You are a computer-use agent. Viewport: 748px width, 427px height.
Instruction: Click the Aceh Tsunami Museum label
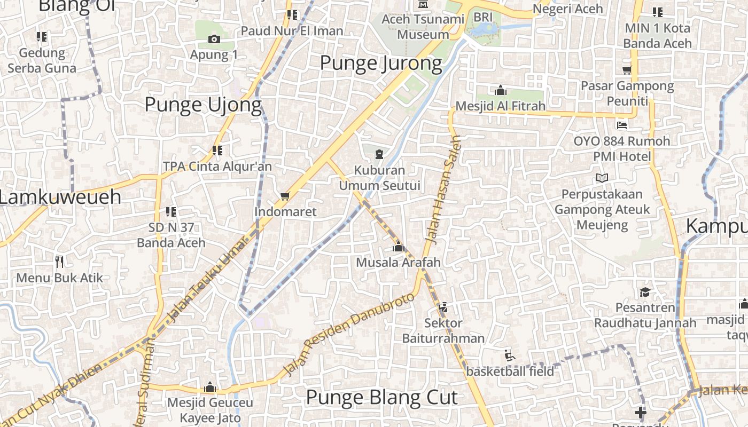click(x=423, y=27)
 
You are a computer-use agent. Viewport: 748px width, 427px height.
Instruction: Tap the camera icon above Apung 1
click(x=214, y=39)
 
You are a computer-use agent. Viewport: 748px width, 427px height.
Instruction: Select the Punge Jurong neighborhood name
click(x=380, y=64)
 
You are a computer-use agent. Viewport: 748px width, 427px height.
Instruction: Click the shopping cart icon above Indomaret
click(x=285, y=196)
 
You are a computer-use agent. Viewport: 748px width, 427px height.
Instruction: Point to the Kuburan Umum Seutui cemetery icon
click(x=379, y=155)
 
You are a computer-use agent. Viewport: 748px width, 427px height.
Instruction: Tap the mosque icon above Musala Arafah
click(x=398, y=247)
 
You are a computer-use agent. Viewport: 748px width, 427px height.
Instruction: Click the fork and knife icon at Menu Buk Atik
click(x=59, y=262)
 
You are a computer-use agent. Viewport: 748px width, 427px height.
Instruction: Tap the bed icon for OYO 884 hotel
click(x=621, y=125)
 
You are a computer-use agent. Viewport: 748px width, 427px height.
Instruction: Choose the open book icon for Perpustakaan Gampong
click(x=602, y=178)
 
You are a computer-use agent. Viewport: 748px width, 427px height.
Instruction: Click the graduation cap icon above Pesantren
click(x=645, y=292)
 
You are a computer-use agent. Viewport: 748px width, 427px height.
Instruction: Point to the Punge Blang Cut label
click(x=381, y=398)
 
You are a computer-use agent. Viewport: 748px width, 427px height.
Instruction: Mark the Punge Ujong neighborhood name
click(x=203, y=105)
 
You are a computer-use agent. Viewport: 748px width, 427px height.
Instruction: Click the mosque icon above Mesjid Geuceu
click(x=210, y=386)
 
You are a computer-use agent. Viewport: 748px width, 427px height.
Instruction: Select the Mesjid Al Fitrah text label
click(x=500, y=106)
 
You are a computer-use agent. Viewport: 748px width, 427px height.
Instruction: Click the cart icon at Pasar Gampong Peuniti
click(x=627, y=70)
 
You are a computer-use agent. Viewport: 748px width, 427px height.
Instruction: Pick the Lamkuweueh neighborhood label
click(x=60, y=197)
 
